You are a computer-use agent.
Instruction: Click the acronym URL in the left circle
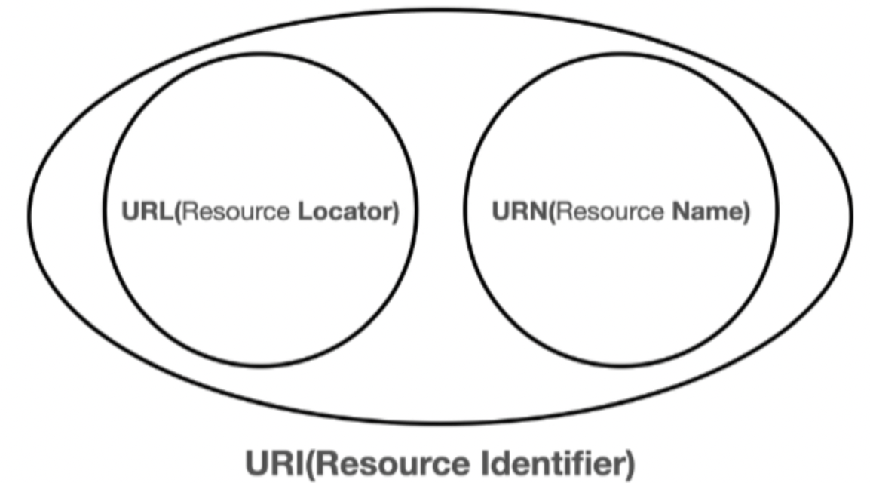[147, 211]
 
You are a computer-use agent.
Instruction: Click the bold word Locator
[345, 211]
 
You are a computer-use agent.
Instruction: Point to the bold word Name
[706, 211]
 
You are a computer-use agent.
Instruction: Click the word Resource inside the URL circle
[236, 211]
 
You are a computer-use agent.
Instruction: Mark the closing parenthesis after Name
[746, 212]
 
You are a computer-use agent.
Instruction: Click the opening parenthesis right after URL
[178, 212]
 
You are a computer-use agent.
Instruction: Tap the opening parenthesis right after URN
[552, 212]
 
